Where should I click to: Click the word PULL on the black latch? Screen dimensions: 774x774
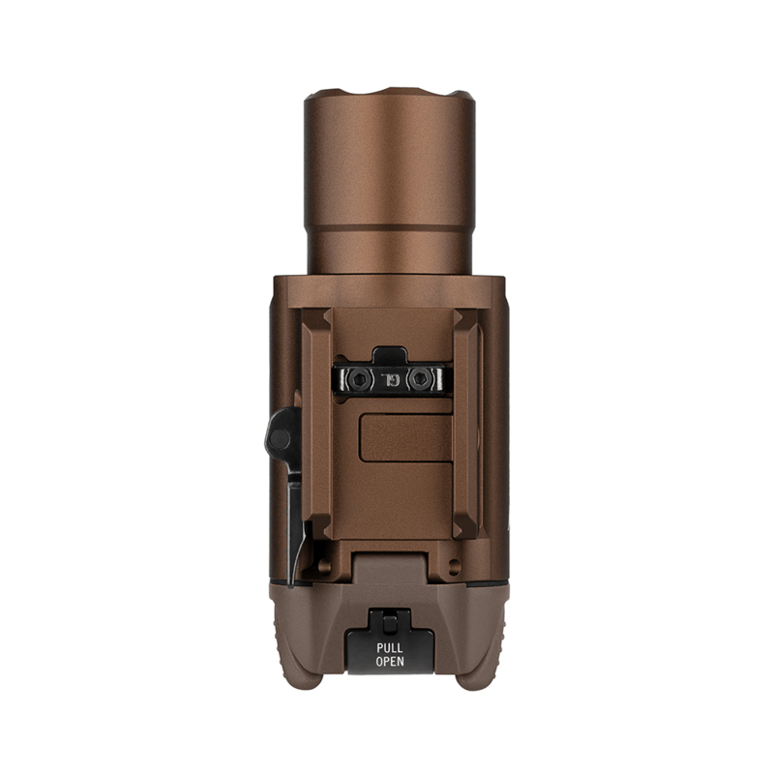click(390, 648)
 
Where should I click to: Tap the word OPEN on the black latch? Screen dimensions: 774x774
click(390, 662)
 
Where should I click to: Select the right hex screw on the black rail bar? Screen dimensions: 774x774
click(420, 379)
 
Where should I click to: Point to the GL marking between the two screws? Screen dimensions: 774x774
click(389, 379)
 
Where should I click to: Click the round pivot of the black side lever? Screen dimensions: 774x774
click(280, 438)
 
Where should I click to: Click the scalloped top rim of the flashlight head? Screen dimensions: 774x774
click(390, 94)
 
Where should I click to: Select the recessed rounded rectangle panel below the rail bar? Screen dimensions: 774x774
click(406, 438)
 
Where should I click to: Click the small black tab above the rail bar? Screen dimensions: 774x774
click(390, 356)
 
